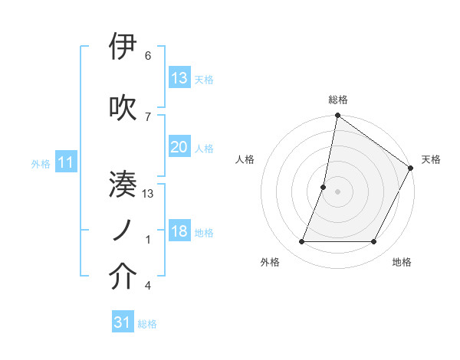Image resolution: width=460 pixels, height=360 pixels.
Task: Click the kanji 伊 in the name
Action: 123,47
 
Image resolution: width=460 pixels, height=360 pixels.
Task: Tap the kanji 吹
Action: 123,106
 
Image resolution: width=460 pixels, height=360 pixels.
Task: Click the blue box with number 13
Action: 179,78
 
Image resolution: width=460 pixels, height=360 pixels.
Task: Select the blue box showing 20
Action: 179,148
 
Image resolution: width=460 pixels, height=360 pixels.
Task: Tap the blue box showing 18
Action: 179,232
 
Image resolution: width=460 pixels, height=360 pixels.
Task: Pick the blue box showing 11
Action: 66,162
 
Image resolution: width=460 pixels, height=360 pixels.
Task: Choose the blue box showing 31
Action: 123,323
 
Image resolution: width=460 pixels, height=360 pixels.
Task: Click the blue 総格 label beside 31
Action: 147,324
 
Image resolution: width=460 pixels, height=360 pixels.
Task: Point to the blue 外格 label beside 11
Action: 41,163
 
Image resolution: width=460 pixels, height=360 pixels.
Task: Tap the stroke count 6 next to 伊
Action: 148,56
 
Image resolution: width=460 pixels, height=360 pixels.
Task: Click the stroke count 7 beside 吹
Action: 148,116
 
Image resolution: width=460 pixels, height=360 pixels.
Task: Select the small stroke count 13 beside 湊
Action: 149,193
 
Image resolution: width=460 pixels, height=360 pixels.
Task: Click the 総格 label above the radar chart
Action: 338,100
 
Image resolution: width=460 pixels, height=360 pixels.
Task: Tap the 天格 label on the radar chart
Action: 431,159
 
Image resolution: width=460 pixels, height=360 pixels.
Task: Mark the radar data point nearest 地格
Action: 374,242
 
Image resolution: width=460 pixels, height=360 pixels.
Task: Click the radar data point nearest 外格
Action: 301,242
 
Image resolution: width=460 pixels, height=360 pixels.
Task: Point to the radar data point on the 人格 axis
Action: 324,187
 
